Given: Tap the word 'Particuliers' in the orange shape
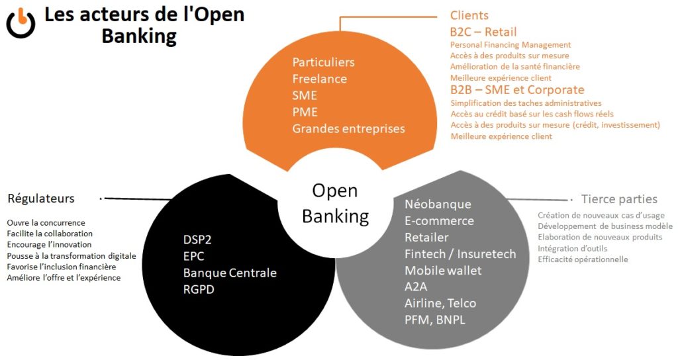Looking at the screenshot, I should pyautogui.click(x=324, y=62).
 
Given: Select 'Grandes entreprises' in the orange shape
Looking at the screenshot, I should pyautogui.click(x=348, y=128).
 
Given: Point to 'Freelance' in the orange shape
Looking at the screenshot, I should pyautogui.click(x=319, y=79).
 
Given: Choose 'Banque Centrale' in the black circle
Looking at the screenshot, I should pyautogui.click(x=230, y=272).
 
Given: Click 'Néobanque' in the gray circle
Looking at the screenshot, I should pyautogui.click(x=438, y=204).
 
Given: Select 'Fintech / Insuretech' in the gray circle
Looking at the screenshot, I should pyautogui.click(x=460, y=253).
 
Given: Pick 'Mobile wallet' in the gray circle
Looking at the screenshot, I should pyautogui.click(x=443, y=270).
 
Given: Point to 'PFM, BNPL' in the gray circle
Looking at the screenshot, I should pyautogui.click(x=435, y=320).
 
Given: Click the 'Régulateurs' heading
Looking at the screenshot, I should pyautogui.click(x=41, y=199).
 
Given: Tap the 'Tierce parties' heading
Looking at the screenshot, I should pyautogui.click(x=619, y=199).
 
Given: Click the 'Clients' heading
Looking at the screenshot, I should pyautogui.click(x=469, y=15).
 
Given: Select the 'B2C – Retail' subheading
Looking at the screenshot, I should pyautogui.click(x=483, y=32).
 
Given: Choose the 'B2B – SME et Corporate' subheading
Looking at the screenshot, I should pyautogui.click(x=517, y=89).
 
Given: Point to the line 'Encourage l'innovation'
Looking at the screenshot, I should pyautogui.click(x=50, y=245).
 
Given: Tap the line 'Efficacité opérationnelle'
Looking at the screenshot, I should pyautogui.click(x=583, y=259).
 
